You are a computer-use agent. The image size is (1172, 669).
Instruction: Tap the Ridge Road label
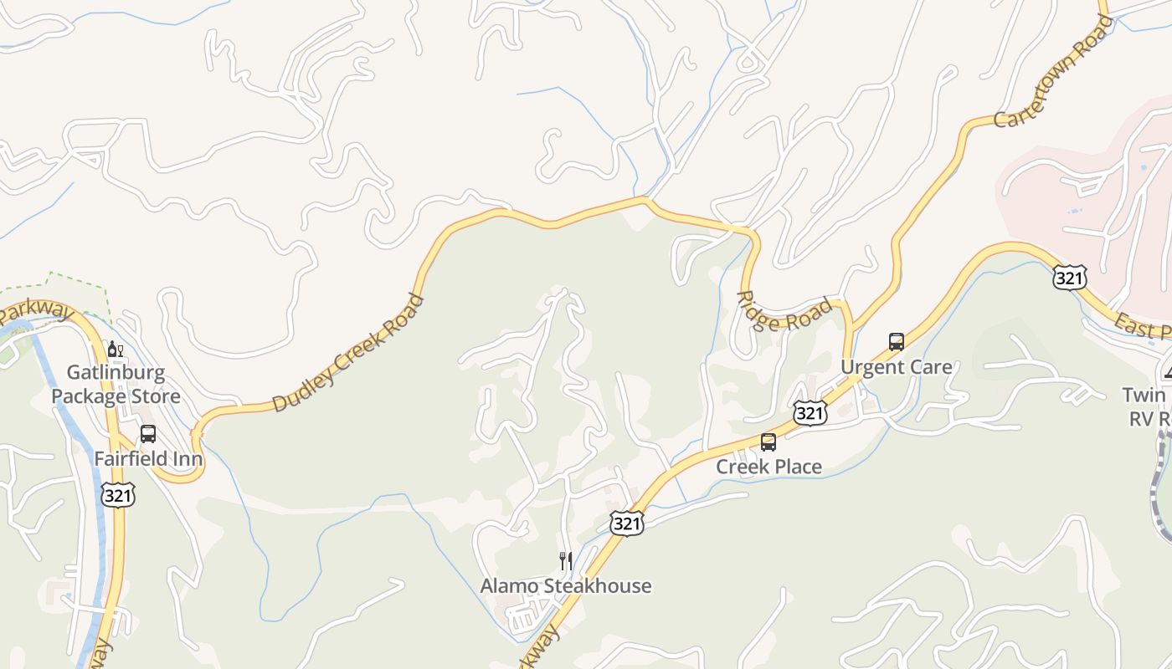pyautogui.click(x=784, y=313)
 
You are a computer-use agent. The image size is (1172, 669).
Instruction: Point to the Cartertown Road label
pyautogui.click(x=1053, y=72)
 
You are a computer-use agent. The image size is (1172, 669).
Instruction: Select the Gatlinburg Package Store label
pyautogui.click(x=116, y=384)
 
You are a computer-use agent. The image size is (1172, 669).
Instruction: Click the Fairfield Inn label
pyautogui.click(x=148, y=458)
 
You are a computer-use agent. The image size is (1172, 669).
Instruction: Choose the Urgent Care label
pyautogui.click(x=896, y=367)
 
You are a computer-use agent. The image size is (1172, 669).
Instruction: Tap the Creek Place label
pyautogui.click(x=768, y=467)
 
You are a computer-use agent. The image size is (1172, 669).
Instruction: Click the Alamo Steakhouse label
pyautogui.click(x=566, y=585)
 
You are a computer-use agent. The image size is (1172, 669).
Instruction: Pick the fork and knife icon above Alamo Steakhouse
pyautogui.click(x=566, y=560)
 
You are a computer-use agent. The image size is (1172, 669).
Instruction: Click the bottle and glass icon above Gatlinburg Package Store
pyautogui.click(x=115, y=349)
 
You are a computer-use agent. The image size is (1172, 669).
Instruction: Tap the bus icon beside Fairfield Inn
pyautogui.click(x=148, y=434)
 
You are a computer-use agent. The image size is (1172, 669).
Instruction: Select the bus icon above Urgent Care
pyautogui.click(x=896, y=342)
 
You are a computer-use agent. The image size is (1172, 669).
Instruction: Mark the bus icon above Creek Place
pyautogui.click(x=768, y=442)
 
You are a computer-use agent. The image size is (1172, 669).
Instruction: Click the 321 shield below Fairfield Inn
pyautogui.click(x=118, y=495)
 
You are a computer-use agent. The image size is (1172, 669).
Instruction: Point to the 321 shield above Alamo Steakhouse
pyautogui.click(x=626, y=523)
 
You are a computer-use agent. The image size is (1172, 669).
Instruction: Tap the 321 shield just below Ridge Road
pyautogui.click(x=810, y=411)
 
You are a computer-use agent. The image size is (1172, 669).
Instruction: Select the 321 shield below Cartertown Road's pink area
pyautogui.click(x=1069, y=278)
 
